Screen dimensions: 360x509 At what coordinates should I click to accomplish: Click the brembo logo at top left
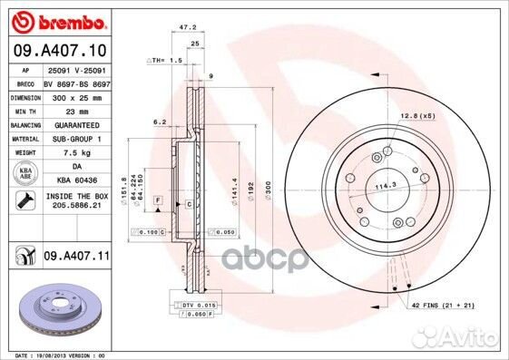click(58, 20)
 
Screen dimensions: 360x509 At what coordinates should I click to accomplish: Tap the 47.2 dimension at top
click(189, 28)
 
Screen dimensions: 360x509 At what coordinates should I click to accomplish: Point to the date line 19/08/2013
click(54, 355)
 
